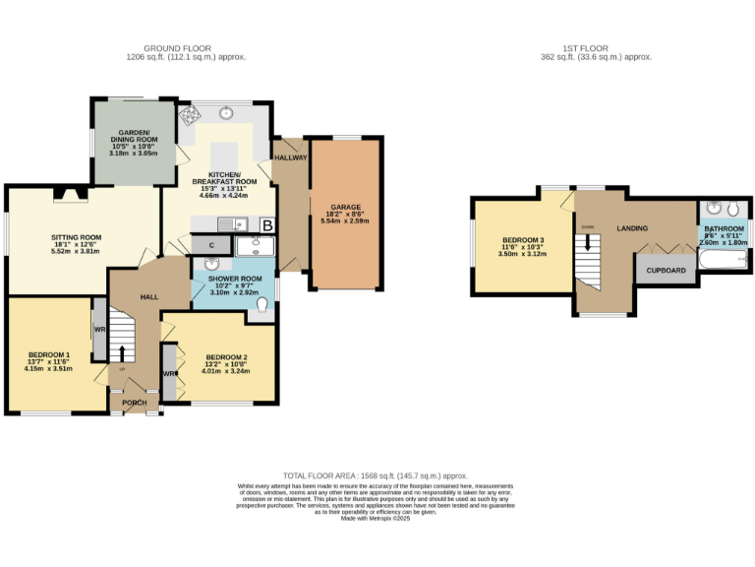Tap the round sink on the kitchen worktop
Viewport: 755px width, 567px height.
pos(227,112)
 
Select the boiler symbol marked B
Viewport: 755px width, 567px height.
pos(266,225)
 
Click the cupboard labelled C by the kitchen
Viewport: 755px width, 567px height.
pos(210,244)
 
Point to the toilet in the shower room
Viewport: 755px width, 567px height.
pos(261,307)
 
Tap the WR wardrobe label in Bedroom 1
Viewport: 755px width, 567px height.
pos(99,328)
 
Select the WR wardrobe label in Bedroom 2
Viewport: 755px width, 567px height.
pos(169,374)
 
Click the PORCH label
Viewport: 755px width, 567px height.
pos(135,403)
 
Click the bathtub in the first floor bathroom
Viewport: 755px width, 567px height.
pos(723,260)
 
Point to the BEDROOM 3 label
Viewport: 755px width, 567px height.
pos(523,240)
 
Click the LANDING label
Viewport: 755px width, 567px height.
pos(631,228)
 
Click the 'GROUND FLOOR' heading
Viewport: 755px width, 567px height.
pos(185,47)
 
